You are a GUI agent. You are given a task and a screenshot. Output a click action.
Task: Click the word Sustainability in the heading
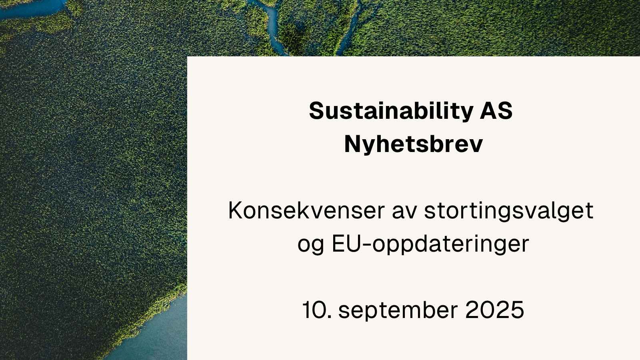coord(391,111)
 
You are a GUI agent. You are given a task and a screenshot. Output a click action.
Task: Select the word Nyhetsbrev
coord(413,144)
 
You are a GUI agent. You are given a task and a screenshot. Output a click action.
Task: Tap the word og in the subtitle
coord(310,244)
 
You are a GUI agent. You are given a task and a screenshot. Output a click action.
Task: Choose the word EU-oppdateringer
coord(430,244)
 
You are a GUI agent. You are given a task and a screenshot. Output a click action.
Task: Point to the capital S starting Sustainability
coord(316,111)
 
